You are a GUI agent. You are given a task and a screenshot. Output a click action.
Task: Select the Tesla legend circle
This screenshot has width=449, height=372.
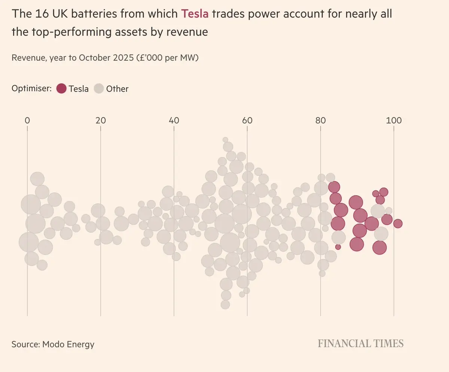pyautogui.click(x=61, y=89)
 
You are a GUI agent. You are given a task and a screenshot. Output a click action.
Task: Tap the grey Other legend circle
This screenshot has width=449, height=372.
pyautogui.click(x=99, y=89)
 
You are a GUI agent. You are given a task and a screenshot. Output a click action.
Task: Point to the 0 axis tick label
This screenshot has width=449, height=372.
pyautogui.click(x=27, y=120)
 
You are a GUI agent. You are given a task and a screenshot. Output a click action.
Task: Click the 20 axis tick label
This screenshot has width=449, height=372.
pyautogui.click(x=100, y=120)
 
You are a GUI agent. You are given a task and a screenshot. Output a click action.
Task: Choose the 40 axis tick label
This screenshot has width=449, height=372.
pyautogui.click(x=174, y=120)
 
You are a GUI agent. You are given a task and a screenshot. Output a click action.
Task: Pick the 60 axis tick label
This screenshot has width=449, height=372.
pyautogui.click(x=247, y=120)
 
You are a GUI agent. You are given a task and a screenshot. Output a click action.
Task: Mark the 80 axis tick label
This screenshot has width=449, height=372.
pyautogui.click(x=320, y=120)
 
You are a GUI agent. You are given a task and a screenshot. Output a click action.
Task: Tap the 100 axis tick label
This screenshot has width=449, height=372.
pyautogui.click(x=394, y=120)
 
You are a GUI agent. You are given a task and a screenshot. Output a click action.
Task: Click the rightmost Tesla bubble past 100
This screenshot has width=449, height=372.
pyautogui.click(x=398, y=224)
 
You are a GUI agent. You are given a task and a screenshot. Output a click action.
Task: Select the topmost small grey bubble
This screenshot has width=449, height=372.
pyautogui.click(x=225, y=140)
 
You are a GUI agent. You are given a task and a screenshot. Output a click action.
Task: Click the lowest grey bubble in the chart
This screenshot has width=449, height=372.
pyautogui.click(x=225, y=304)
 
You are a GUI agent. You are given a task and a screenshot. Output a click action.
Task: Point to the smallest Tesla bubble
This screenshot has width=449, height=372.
pyautogui.click(x=338, y=247)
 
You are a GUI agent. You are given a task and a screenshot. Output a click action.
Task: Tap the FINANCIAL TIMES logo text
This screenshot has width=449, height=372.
pyautogui.click(x=361, y=344)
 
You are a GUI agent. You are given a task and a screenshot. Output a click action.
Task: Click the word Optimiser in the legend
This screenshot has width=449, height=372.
pyautogui.click(x=31, y=89)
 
